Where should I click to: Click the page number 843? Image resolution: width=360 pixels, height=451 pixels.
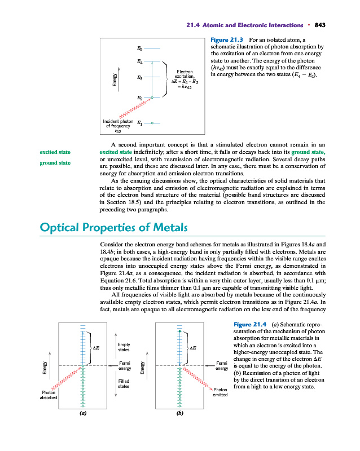pos(321,25)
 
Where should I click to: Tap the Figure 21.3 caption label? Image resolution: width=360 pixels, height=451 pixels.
pos(226,40)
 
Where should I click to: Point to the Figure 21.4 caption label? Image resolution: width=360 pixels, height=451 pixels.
pos(250,323)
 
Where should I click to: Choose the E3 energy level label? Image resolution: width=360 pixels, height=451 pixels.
pos(139,77)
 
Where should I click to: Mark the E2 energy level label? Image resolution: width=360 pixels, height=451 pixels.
pos(139,99)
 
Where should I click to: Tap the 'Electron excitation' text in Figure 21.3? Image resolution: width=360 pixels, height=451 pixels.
pos(185,74)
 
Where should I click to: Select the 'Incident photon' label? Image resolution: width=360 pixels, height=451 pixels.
pos(118,121)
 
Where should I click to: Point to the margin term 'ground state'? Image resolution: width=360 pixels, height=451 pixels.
pos(55,163)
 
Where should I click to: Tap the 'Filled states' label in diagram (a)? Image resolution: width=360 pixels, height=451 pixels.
pos(124,384)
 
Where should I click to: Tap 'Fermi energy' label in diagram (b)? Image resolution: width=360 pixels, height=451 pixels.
pos(221,366)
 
